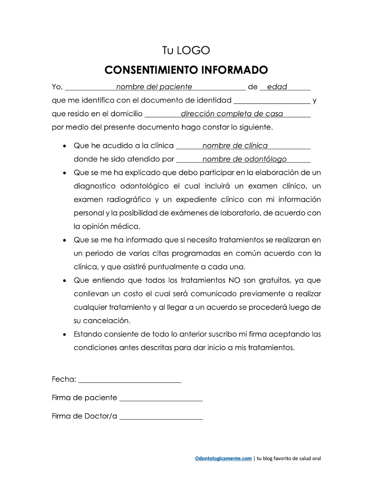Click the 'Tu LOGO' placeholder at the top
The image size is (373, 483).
pos(186,50)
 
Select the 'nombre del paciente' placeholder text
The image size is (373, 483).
pos(154,87)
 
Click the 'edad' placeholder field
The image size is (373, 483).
pos(277,87)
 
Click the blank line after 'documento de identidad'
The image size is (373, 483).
pos(272,101)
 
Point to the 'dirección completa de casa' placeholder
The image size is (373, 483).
pos(232,114)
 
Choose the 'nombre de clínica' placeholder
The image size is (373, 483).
pos(235,146)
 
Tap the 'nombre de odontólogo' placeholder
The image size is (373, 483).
pos(244,159)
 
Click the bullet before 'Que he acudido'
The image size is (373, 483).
pos(65,146)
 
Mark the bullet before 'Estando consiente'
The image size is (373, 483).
pos(65,335)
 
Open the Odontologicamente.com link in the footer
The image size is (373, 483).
pos(223,458)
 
